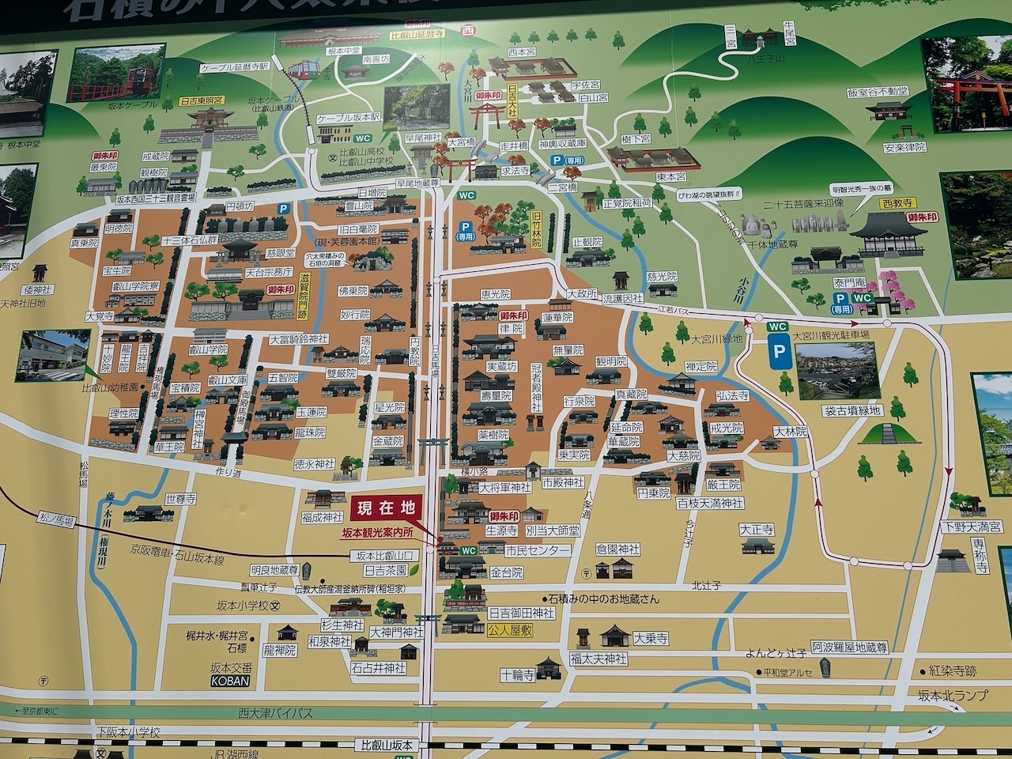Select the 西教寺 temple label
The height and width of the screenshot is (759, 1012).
click(x=885, y=202)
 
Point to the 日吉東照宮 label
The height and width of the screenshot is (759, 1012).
click(x=202, y=102)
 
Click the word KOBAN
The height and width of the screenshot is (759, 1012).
click(x=230, y=681)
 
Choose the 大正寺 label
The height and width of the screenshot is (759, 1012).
click(x=757, y=529)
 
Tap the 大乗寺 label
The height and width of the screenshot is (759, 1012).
click(x=651, y=638)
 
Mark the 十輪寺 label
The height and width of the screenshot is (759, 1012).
click(x=517, y=674)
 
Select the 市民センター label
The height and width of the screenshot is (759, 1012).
click(x=538, y=551)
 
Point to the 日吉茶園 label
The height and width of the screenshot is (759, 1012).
click(x=385, y=569)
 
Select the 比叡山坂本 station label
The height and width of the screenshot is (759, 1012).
click(x=387, y=745)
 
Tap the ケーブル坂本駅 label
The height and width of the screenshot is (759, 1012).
click(x=348, y=117)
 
